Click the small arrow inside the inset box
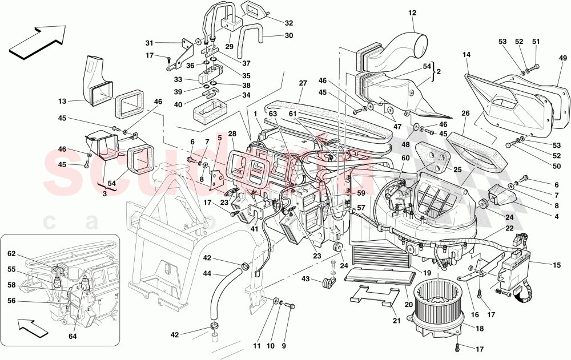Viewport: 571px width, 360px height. [x=32, y=329]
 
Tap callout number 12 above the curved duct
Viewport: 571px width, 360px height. [x=412, y=13]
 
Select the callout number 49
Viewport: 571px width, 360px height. [x=562, y=58]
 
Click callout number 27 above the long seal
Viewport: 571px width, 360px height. [x=303, y=83]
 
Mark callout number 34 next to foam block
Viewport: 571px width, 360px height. [x=246, y=95]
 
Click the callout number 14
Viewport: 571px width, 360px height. [x=467, y=55]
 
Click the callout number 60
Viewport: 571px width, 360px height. [x=405, y=157]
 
